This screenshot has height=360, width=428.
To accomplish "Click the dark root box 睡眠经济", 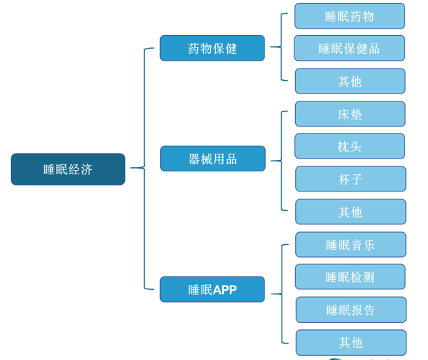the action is tap(68, 169).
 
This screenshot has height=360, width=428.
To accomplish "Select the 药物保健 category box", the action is tap(212, 48).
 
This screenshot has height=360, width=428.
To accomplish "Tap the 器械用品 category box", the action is tap(213, 159).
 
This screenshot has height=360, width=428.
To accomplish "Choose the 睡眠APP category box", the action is tap(212, 289).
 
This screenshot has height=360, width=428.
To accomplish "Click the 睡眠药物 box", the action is tap(349, 16).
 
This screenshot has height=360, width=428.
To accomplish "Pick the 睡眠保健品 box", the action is tap(349, 48).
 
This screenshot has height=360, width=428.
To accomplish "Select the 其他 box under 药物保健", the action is tap(350, 81).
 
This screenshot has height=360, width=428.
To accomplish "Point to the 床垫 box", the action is tap(350, 114).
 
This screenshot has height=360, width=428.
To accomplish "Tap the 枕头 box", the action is tap(349, 146).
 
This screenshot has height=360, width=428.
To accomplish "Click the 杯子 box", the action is tap(351, 179).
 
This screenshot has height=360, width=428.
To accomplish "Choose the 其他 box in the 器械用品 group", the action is tap(351, 212).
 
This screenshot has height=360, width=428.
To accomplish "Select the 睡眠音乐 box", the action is tap(351, 244).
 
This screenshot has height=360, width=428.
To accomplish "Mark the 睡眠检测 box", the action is tap(350, 276).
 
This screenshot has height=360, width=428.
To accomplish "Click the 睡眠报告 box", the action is tap(351, 310).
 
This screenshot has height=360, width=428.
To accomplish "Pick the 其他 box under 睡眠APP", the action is tap(351, 343).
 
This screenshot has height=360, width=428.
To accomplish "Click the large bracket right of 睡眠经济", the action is tap(144, 168).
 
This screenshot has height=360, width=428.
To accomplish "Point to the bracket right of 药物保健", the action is tap(281, 47).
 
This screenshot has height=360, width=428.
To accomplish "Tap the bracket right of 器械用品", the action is tap(281, 161).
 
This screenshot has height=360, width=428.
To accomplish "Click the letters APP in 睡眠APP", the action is tap(224, 290).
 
